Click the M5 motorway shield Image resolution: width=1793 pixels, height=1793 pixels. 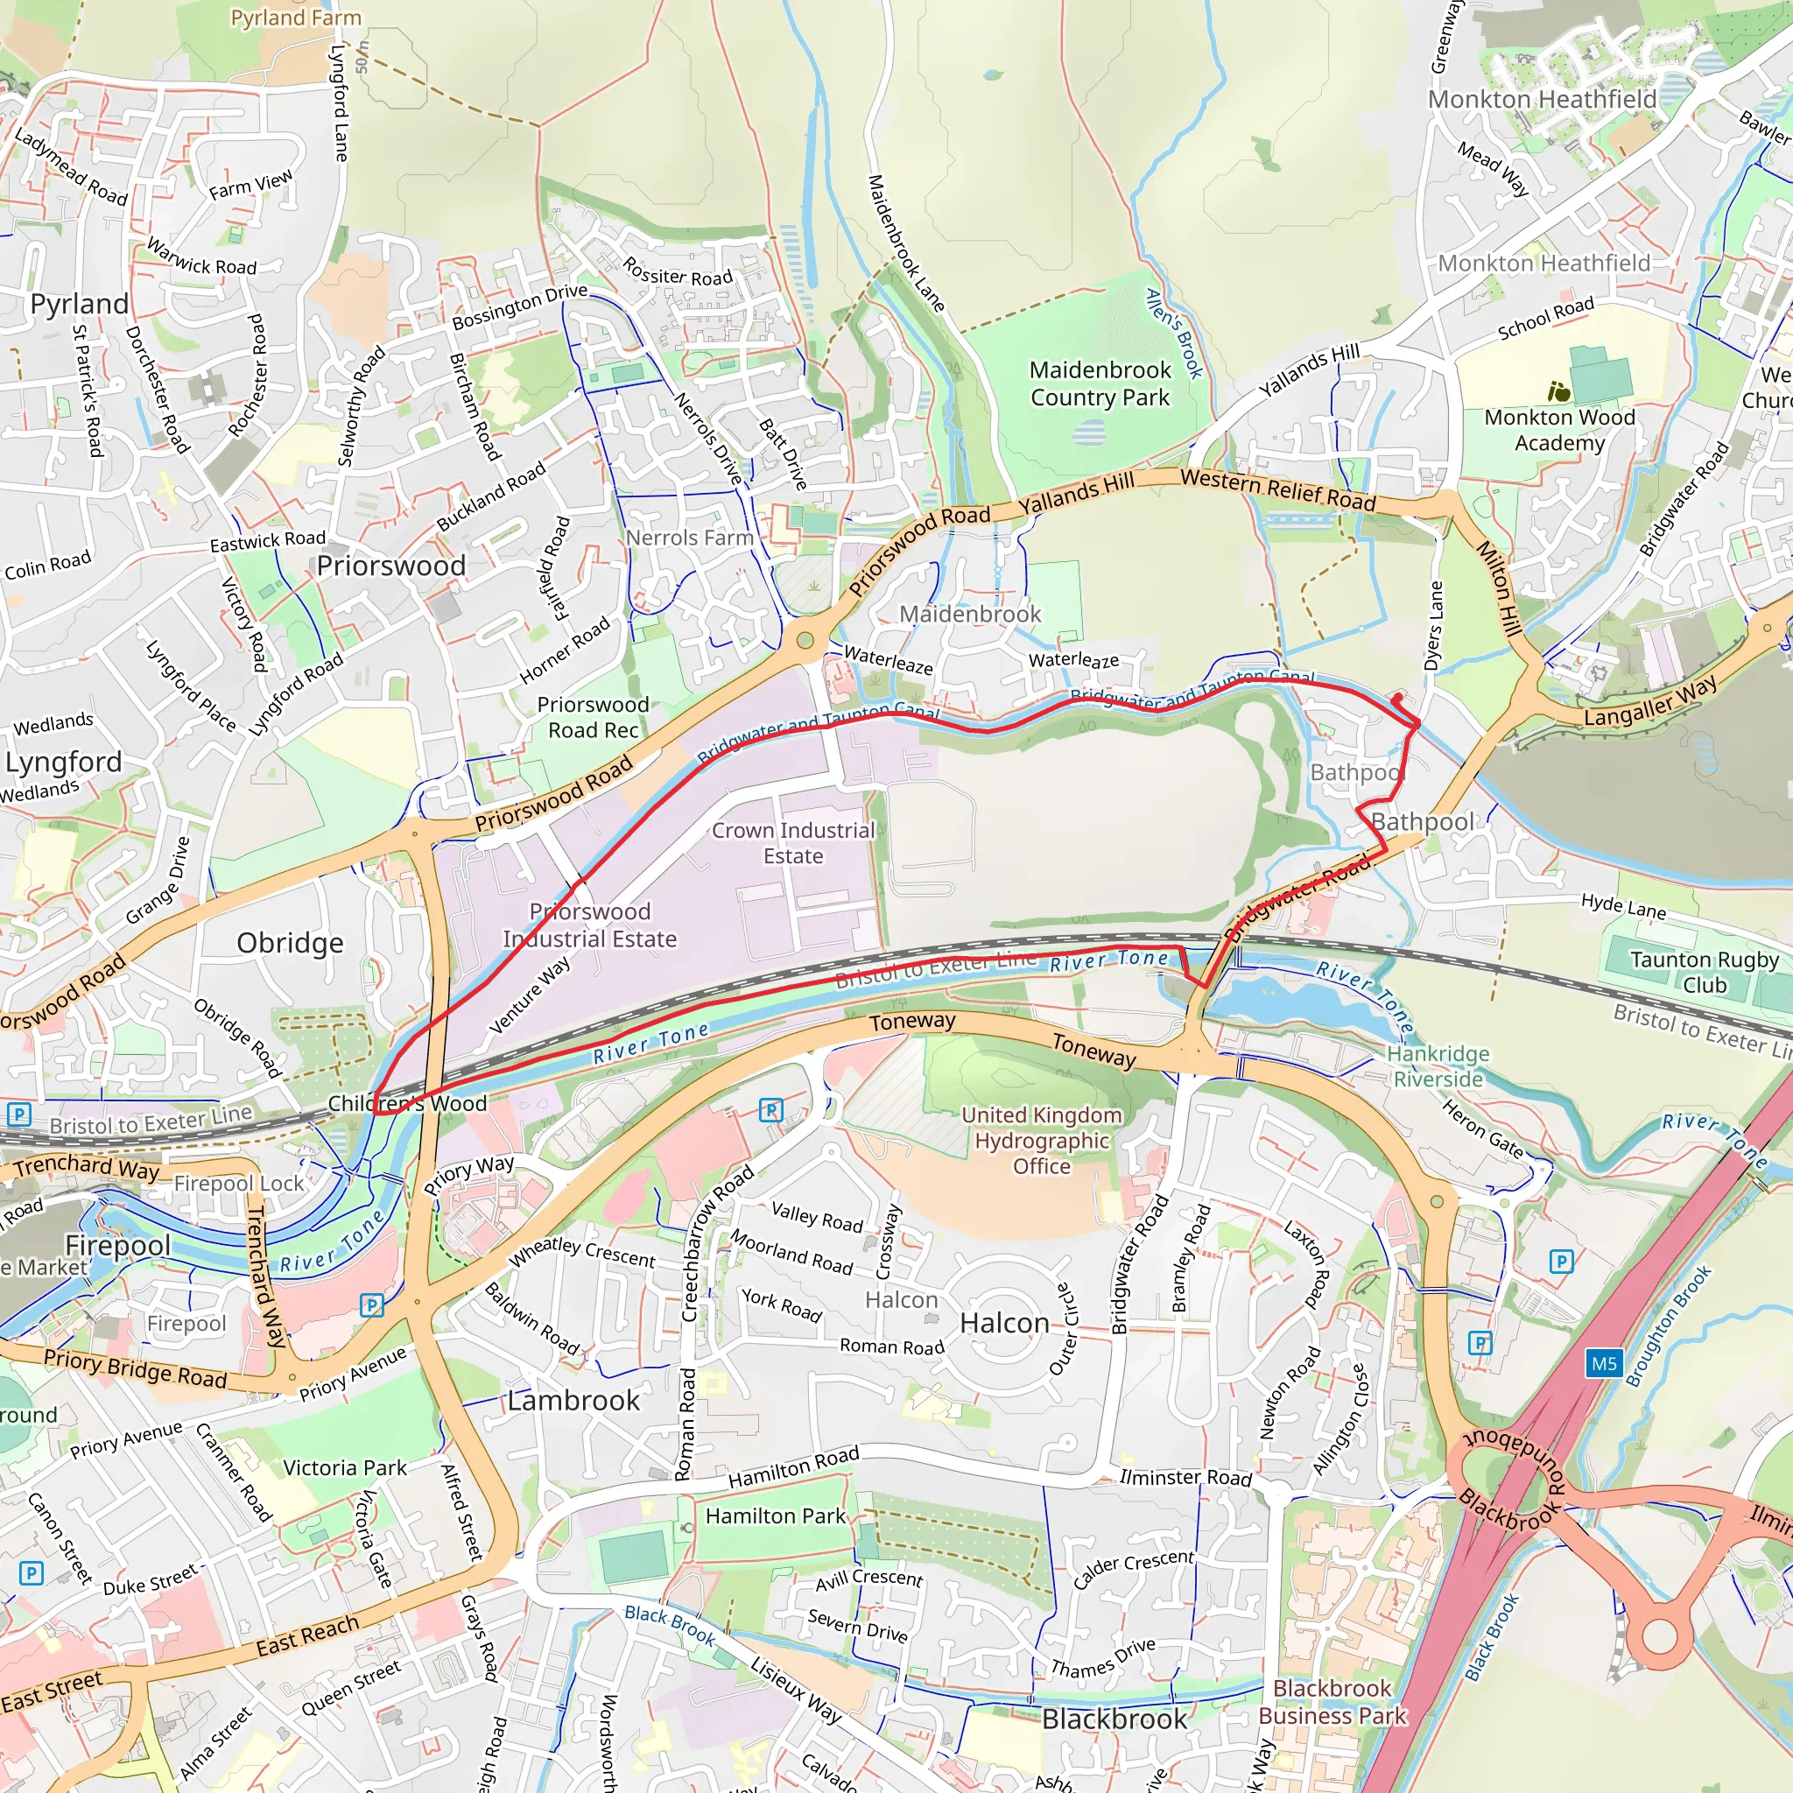tap(1604, 1363)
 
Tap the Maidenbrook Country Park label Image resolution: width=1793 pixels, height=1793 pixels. tap(1100, 383)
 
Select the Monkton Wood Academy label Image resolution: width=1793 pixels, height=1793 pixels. tap(1559, 430)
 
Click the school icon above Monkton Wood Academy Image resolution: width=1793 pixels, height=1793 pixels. tap(1558, 391)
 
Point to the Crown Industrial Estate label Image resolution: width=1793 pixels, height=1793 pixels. tap(792, 843)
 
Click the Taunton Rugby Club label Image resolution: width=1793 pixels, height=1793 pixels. tap(1704, 972)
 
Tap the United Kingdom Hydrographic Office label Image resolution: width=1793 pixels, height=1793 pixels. tap(1041, 1141)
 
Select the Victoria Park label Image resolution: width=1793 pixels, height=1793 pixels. tap(344, 1467)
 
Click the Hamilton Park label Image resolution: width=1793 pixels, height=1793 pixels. tap(775, 1515)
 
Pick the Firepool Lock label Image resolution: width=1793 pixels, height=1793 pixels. tap(238, 1184)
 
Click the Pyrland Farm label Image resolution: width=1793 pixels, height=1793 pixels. tap(296, 18)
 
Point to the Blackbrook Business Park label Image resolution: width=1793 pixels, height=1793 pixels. tap(1332, 1701)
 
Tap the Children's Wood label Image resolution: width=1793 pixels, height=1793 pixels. tap(407, 1103)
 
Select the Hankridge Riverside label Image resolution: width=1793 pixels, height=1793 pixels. tap(1438, 1066)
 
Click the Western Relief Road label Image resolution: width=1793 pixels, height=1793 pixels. tap(1278, 489)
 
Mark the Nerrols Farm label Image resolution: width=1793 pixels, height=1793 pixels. tap(690, 538)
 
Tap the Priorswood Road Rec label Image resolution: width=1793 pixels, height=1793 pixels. tap(593, 717)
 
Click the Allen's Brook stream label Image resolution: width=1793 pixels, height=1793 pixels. tap(1174, 334)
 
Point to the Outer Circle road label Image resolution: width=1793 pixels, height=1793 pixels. tap(1064, 1329)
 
